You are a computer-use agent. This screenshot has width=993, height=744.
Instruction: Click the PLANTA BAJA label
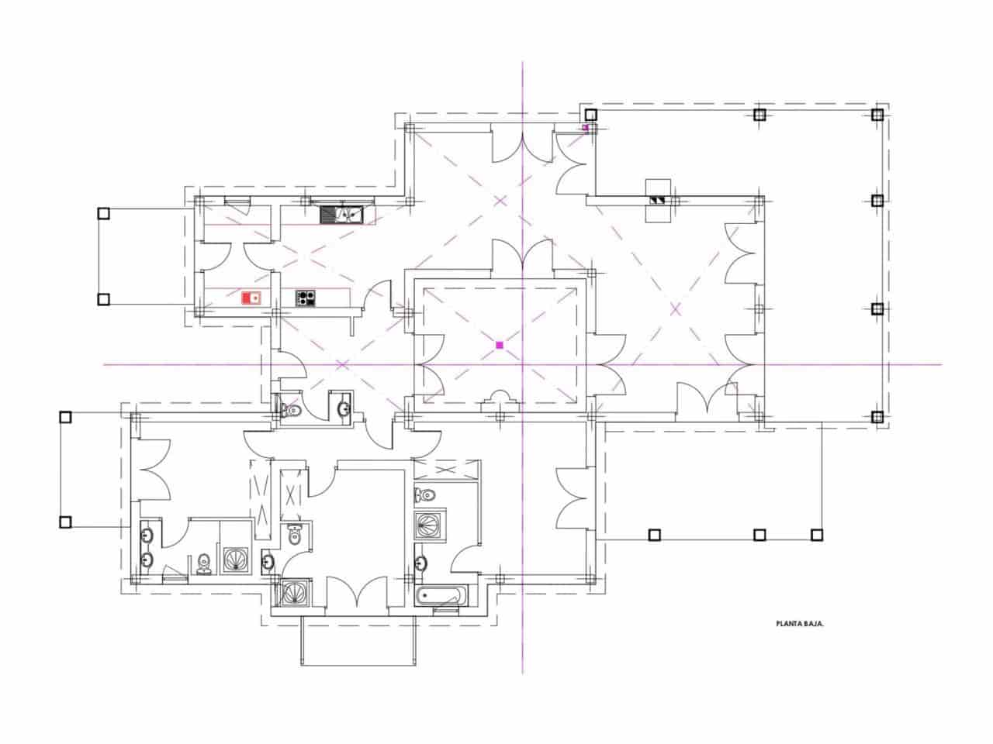pos(799,622)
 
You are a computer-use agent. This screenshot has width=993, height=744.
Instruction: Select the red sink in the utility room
pos(251,298)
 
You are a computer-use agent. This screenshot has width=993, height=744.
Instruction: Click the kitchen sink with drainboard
pos(341,212)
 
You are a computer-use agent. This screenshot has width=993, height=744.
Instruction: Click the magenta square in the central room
pos(500,344)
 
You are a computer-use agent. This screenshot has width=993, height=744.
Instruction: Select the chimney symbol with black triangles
pos(659,200)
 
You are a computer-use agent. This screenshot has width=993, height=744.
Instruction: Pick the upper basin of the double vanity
pos(147,534)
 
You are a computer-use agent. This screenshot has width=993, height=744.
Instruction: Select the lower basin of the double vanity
pos(147,559)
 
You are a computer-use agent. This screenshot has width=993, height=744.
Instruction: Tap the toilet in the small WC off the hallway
pos(290,409)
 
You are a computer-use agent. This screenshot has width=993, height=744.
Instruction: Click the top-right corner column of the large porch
pos(877,115)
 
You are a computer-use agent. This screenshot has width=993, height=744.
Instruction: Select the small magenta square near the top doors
pos(586,127)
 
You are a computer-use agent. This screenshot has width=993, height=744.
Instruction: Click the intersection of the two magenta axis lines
pos(522,363)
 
